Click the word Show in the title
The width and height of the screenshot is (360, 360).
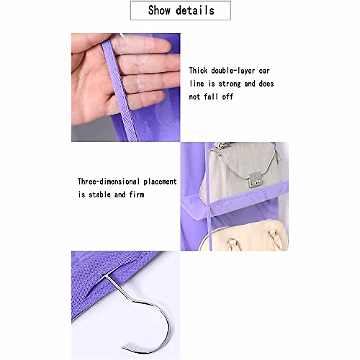pyautogui.click(x=159, y=10)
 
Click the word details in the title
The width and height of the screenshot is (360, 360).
pyautogui.click(x=195, y=10)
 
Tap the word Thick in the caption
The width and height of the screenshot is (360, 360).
pyautogui.click(x=198, y=71)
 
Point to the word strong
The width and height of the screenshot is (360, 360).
pyautogui.click(x=229, y=84)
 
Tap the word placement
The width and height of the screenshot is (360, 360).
pyautogui.click(x=160, y=181)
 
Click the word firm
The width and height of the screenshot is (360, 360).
pyautogui.click(x=137, y=195)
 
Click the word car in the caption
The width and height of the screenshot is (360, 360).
pyautogui.click(x=264, y=71)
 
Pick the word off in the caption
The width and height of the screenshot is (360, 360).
pyautogui.click(x=227, y=97)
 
